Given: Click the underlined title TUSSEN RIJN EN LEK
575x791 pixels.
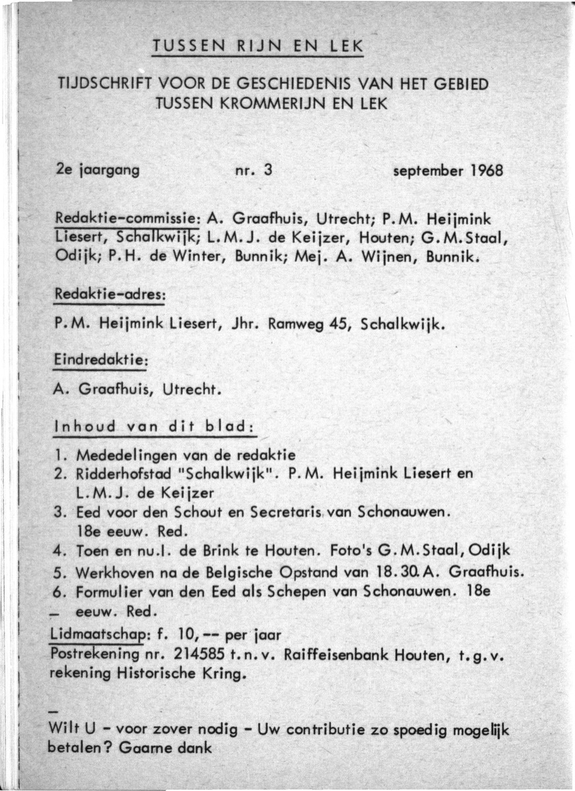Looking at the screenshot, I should pyautogui.click(x=257, y=47).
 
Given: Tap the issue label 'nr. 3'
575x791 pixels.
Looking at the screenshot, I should pyautogui.click(x=254, y=170).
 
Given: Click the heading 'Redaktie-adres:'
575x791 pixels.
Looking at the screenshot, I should pyautogui.click(x=109, y=297).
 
